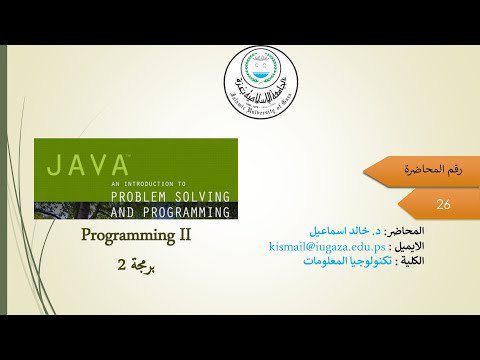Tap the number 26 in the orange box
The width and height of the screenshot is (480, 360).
(x=444, y=204)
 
